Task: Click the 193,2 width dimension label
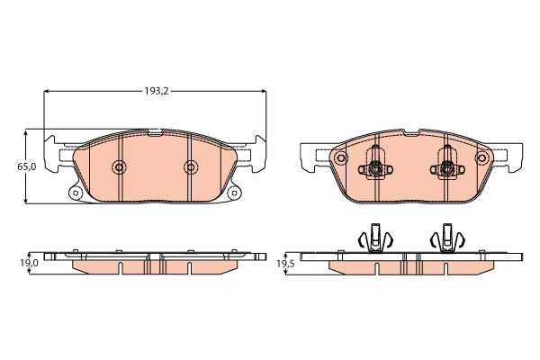coord(156,91)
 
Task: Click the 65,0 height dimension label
coord(26,166)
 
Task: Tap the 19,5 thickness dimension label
coord(285,264)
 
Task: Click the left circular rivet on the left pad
coord(119,167)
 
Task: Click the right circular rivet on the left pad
coord(191,167)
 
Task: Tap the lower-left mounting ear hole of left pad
coord(76,193)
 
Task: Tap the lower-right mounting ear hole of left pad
coord(233,193)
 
